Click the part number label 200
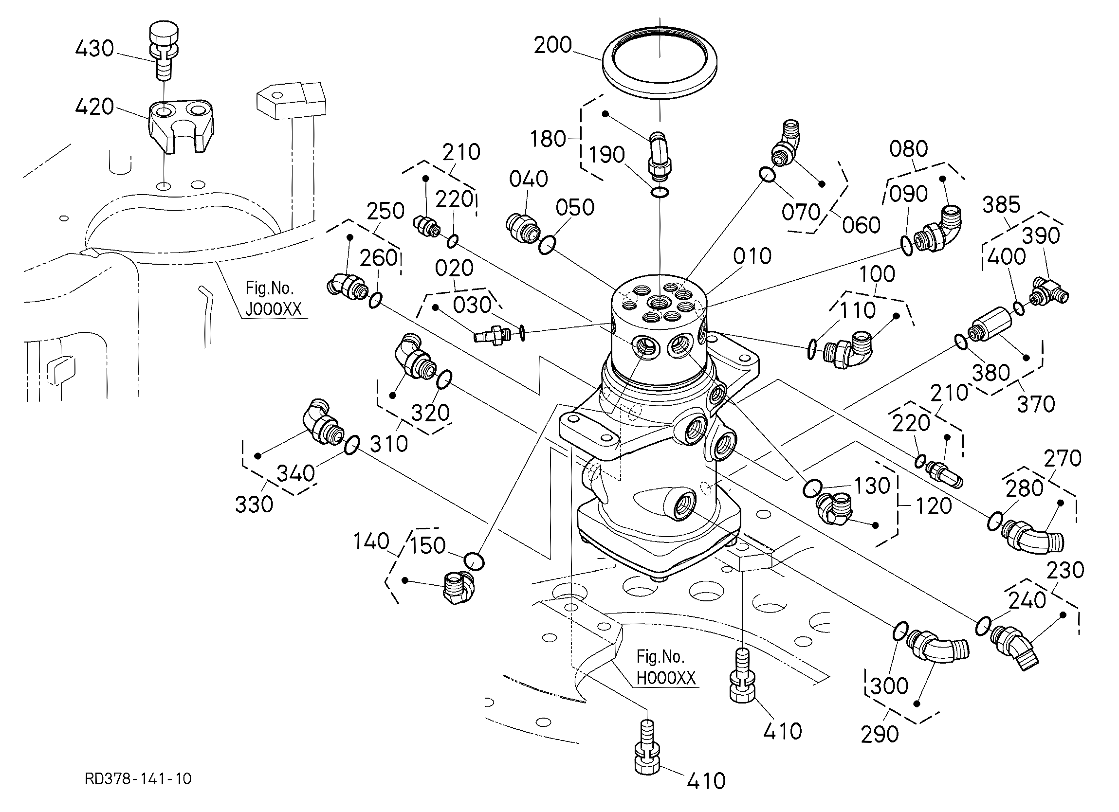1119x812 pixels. (552, 45)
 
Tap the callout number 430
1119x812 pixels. (94, 49)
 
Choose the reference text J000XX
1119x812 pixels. (274, 309)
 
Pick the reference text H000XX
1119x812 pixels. (665, 678)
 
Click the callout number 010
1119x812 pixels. (752, 256)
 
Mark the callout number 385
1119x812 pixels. (1001, 205)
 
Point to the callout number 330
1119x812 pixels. (254, 504)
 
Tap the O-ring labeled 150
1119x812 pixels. (474, 561)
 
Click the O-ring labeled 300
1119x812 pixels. (900, 631)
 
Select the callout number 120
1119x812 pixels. (933, 506)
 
